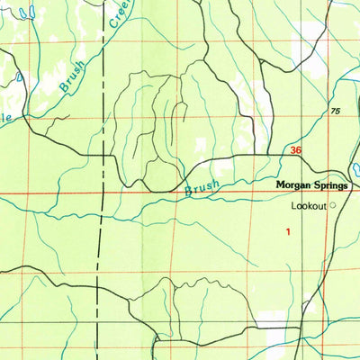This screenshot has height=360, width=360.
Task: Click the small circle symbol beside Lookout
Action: (332, 205)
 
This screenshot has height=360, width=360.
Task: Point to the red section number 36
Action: (296, 151)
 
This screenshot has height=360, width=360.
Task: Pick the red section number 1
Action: (288, 232)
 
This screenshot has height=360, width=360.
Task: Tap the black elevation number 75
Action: (336, 111)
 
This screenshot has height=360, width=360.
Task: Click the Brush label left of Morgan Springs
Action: (202, 186)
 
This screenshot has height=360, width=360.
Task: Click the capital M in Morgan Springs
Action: (278, 185)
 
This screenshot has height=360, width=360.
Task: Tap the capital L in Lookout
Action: (292, 206)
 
